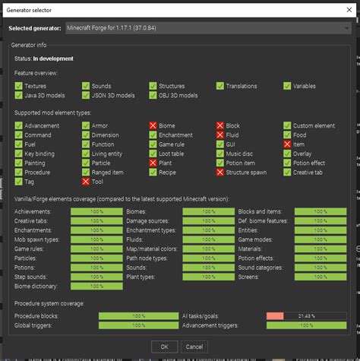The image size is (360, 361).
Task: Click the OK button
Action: [163, 346]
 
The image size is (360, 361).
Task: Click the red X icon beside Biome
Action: [153, 125]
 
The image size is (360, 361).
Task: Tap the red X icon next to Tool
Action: [86, 182]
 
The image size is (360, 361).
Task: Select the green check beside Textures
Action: [18, 87]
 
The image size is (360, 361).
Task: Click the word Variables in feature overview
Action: [309, 87]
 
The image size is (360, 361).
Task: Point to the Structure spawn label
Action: [248, 173]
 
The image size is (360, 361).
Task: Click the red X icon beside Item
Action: [287, 144]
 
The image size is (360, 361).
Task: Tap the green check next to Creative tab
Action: [287, 173]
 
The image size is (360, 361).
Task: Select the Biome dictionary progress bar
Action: [97, 287]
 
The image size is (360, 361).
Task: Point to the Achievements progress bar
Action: [97, 211]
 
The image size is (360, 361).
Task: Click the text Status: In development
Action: [44, 58]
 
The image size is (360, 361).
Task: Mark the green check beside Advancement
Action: [18, 125]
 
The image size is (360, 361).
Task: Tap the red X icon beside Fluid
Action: [220, 135]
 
